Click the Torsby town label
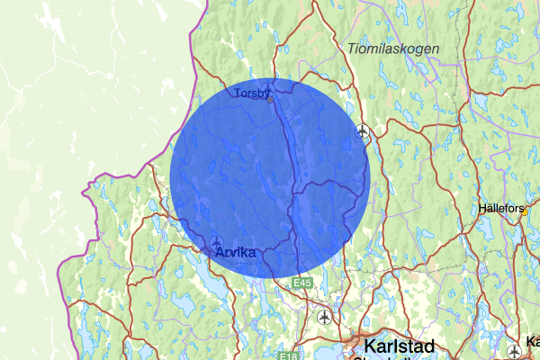point(249,92)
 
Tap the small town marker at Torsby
point(269,100)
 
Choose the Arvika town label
point(236,254)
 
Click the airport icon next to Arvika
point(217,242)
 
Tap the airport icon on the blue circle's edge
point(363,131)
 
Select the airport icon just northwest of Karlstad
point(324,316)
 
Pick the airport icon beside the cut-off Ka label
point(513,350)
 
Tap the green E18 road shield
point(287,356)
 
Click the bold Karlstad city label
point(399,346)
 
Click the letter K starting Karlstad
point(368,346)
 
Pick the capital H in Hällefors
point(484,209)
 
